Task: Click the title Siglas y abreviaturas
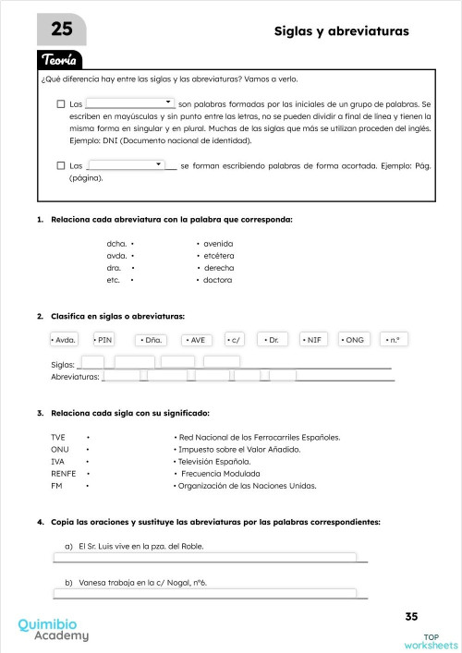tap(341, 31)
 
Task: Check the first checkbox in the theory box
tap(61, 104)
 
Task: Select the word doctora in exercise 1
tap(217, 279)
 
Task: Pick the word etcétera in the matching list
tap(219, 255)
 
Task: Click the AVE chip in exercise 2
tap(199, 340)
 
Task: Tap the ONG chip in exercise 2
tap(354, 340)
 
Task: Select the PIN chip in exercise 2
tap(104, 340)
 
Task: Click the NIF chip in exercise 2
tap(314, 340)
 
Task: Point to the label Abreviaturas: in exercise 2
tap(75, 377)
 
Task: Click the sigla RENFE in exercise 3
tap(64, 472)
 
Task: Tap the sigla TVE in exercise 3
tap(58, 436)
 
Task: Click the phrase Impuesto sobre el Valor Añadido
tap(239, 448)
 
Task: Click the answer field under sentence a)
tap(205, 558)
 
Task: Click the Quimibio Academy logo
tap(54, 629)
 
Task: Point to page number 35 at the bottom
tap(412, 616)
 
